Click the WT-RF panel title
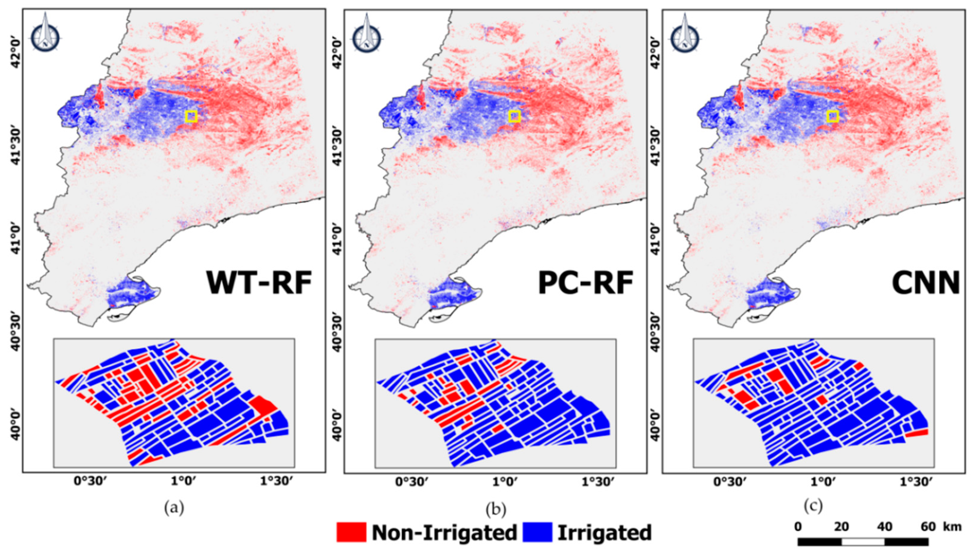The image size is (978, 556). pyautogui.click(x=259, y=283)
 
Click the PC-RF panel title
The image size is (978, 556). pyautogui.click(x=586, y=283)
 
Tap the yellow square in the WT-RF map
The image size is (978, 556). pyautogui.click(x=191, y=116)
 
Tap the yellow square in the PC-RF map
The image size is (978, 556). pyautogui.click(x=514, y=116)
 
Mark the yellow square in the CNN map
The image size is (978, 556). pyautogui.click(x=833, y=116)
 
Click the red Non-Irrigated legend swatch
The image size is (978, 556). pyautogui.click(x=351, y=532)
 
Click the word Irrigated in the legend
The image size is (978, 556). pyautogui.click(x=605, y=532)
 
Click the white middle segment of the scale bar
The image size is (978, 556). pyautogui.click(x=863, y=542)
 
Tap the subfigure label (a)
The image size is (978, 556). pyautogui.click(x=174, y=508)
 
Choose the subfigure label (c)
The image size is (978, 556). pyautogui.click(x=813, y=506)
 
